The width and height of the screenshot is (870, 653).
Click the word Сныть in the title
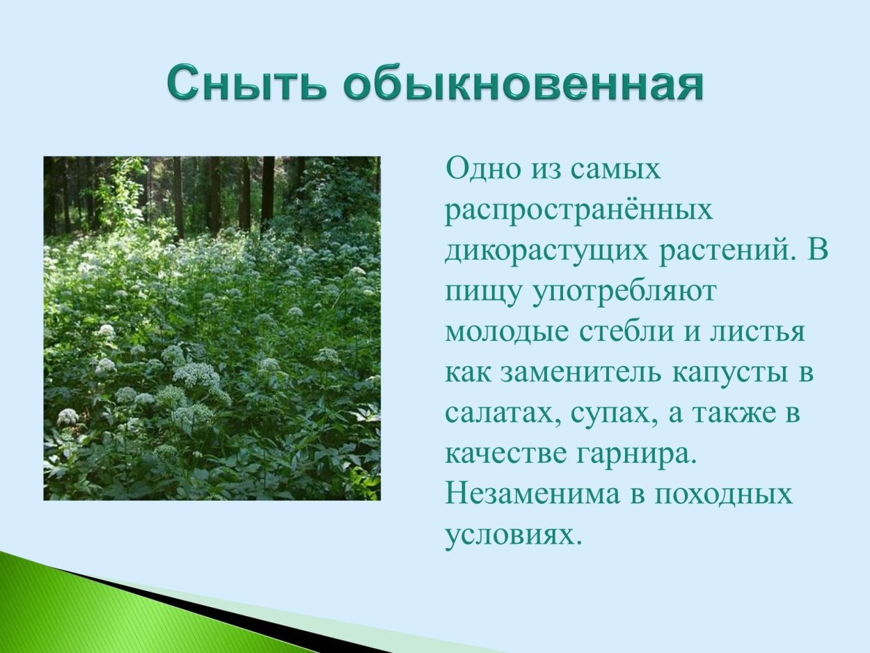(x=247, y=84)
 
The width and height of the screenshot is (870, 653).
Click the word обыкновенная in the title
(x=522, y=84)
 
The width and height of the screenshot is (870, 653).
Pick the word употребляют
(x=624, y=292)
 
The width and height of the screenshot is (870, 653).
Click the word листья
(x=756, y=332)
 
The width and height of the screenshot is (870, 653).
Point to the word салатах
(x=501, y=414)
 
